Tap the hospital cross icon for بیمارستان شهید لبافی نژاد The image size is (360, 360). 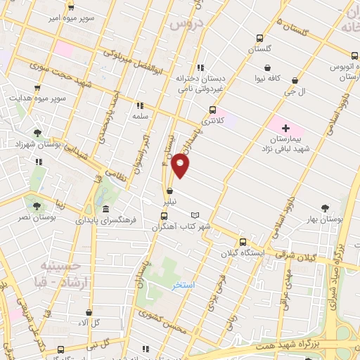coord(286,128)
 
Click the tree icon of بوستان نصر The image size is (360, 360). coord(36,205)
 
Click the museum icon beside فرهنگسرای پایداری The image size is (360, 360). coord(105,210)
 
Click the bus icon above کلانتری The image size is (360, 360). coord(212,109)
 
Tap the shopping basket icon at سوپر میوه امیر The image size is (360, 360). coord(71,8)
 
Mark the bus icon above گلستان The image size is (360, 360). coord(260,38)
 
